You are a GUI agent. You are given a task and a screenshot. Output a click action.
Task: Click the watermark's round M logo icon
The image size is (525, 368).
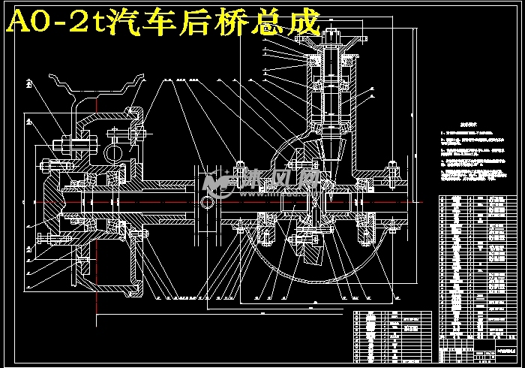(x=218, y=181)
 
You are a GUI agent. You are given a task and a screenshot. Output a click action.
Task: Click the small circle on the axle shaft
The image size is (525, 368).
(x=208, y=202)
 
